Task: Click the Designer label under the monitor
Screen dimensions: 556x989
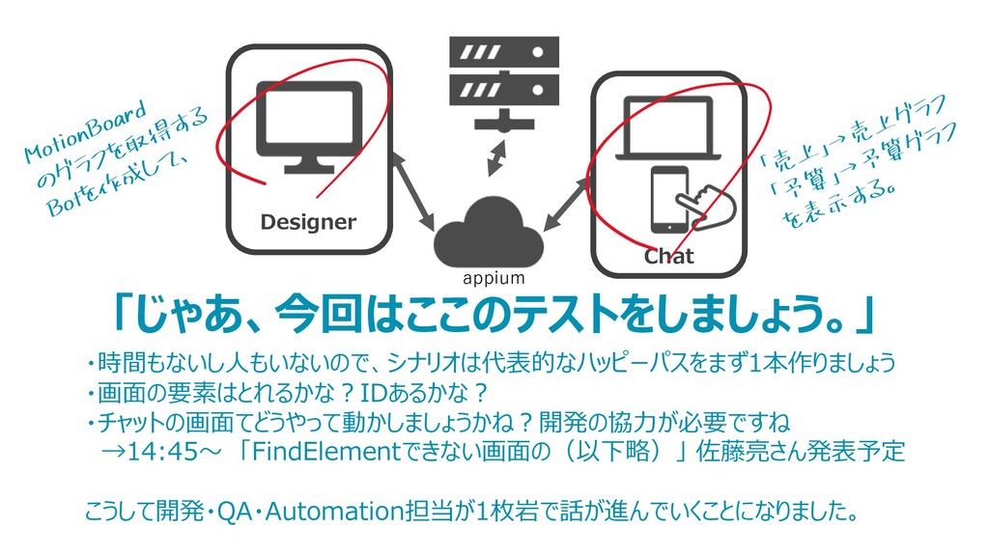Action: [308, 223]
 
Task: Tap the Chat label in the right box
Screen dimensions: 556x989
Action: [668, 257]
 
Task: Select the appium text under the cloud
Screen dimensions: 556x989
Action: [494, 279]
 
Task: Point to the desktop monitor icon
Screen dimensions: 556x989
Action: [309, 126]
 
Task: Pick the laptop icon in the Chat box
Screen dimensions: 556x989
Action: [668, 130]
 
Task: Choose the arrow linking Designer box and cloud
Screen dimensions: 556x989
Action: [414, 202]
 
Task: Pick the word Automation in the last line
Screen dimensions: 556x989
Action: [327, 511]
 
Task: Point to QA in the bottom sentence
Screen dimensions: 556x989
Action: [233, 511]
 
